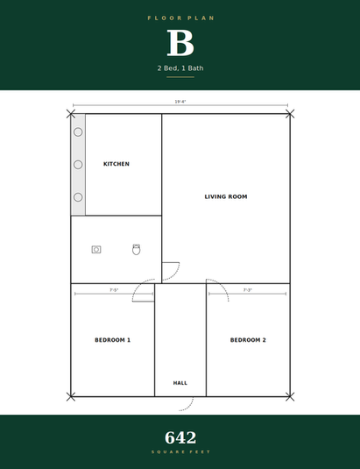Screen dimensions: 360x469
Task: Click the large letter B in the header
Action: coord(180,43)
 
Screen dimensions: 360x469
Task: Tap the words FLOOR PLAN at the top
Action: coord(180,18)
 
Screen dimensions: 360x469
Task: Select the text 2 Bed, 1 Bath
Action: coord(180,68)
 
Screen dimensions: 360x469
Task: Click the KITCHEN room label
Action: coord(116,164)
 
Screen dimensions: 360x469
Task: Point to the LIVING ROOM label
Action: coord(226,197)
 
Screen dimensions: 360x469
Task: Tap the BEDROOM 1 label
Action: coord(113,340)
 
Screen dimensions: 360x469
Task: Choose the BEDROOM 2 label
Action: coord(248,340)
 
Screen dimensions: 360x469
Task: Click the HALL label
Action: coord(180,383)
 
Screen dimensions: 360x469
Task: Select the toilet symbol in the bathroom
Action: coord(137,250)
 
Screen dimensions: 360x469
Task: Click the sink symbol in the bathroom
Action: coord(96,250)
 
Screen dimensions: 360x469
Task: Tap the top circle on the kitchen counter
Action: coord(78,131)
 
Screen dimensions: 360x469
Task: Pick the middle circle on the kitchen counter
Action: coord(78,165)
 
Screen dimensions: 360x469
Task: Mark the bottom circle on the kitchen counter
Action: coord(78,197)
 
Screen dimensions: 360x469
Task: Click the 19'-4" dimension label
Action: coord(180,102)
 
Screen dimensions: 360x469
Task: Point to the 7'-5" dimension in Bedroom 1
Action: coord(114,290)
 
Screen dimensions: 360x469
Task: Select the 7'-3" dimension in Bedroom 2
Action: coord(247,290)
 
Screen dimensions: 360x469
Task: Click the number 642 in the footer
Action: coord(180,438)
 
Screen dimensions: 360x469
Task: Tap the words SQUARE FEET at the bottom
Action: coord(180,452)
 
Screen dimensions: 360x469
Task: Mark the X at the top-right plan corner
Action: coord(290,114)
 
